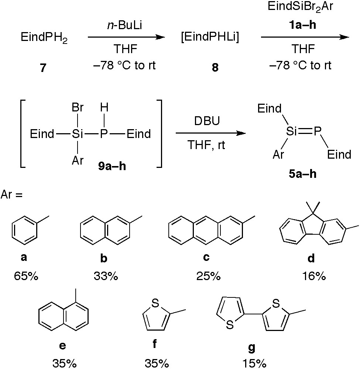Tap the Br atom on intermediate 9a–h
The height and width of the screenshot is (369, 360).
(78, 108)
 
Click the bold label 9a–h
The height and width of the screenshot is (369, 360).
(111, 166)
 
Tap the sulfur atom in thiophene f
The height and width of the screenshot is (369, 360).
(155, 303)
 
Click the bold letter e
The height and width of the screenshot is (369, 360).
(63, 345)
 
